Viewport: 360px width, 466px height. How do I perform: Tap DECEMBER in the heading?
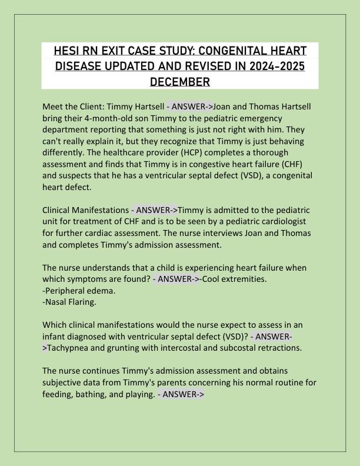(x=180, y=81)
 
